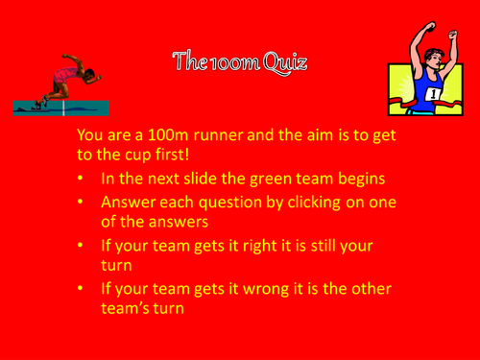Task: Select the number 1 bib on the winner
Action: tap(432, 94)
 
